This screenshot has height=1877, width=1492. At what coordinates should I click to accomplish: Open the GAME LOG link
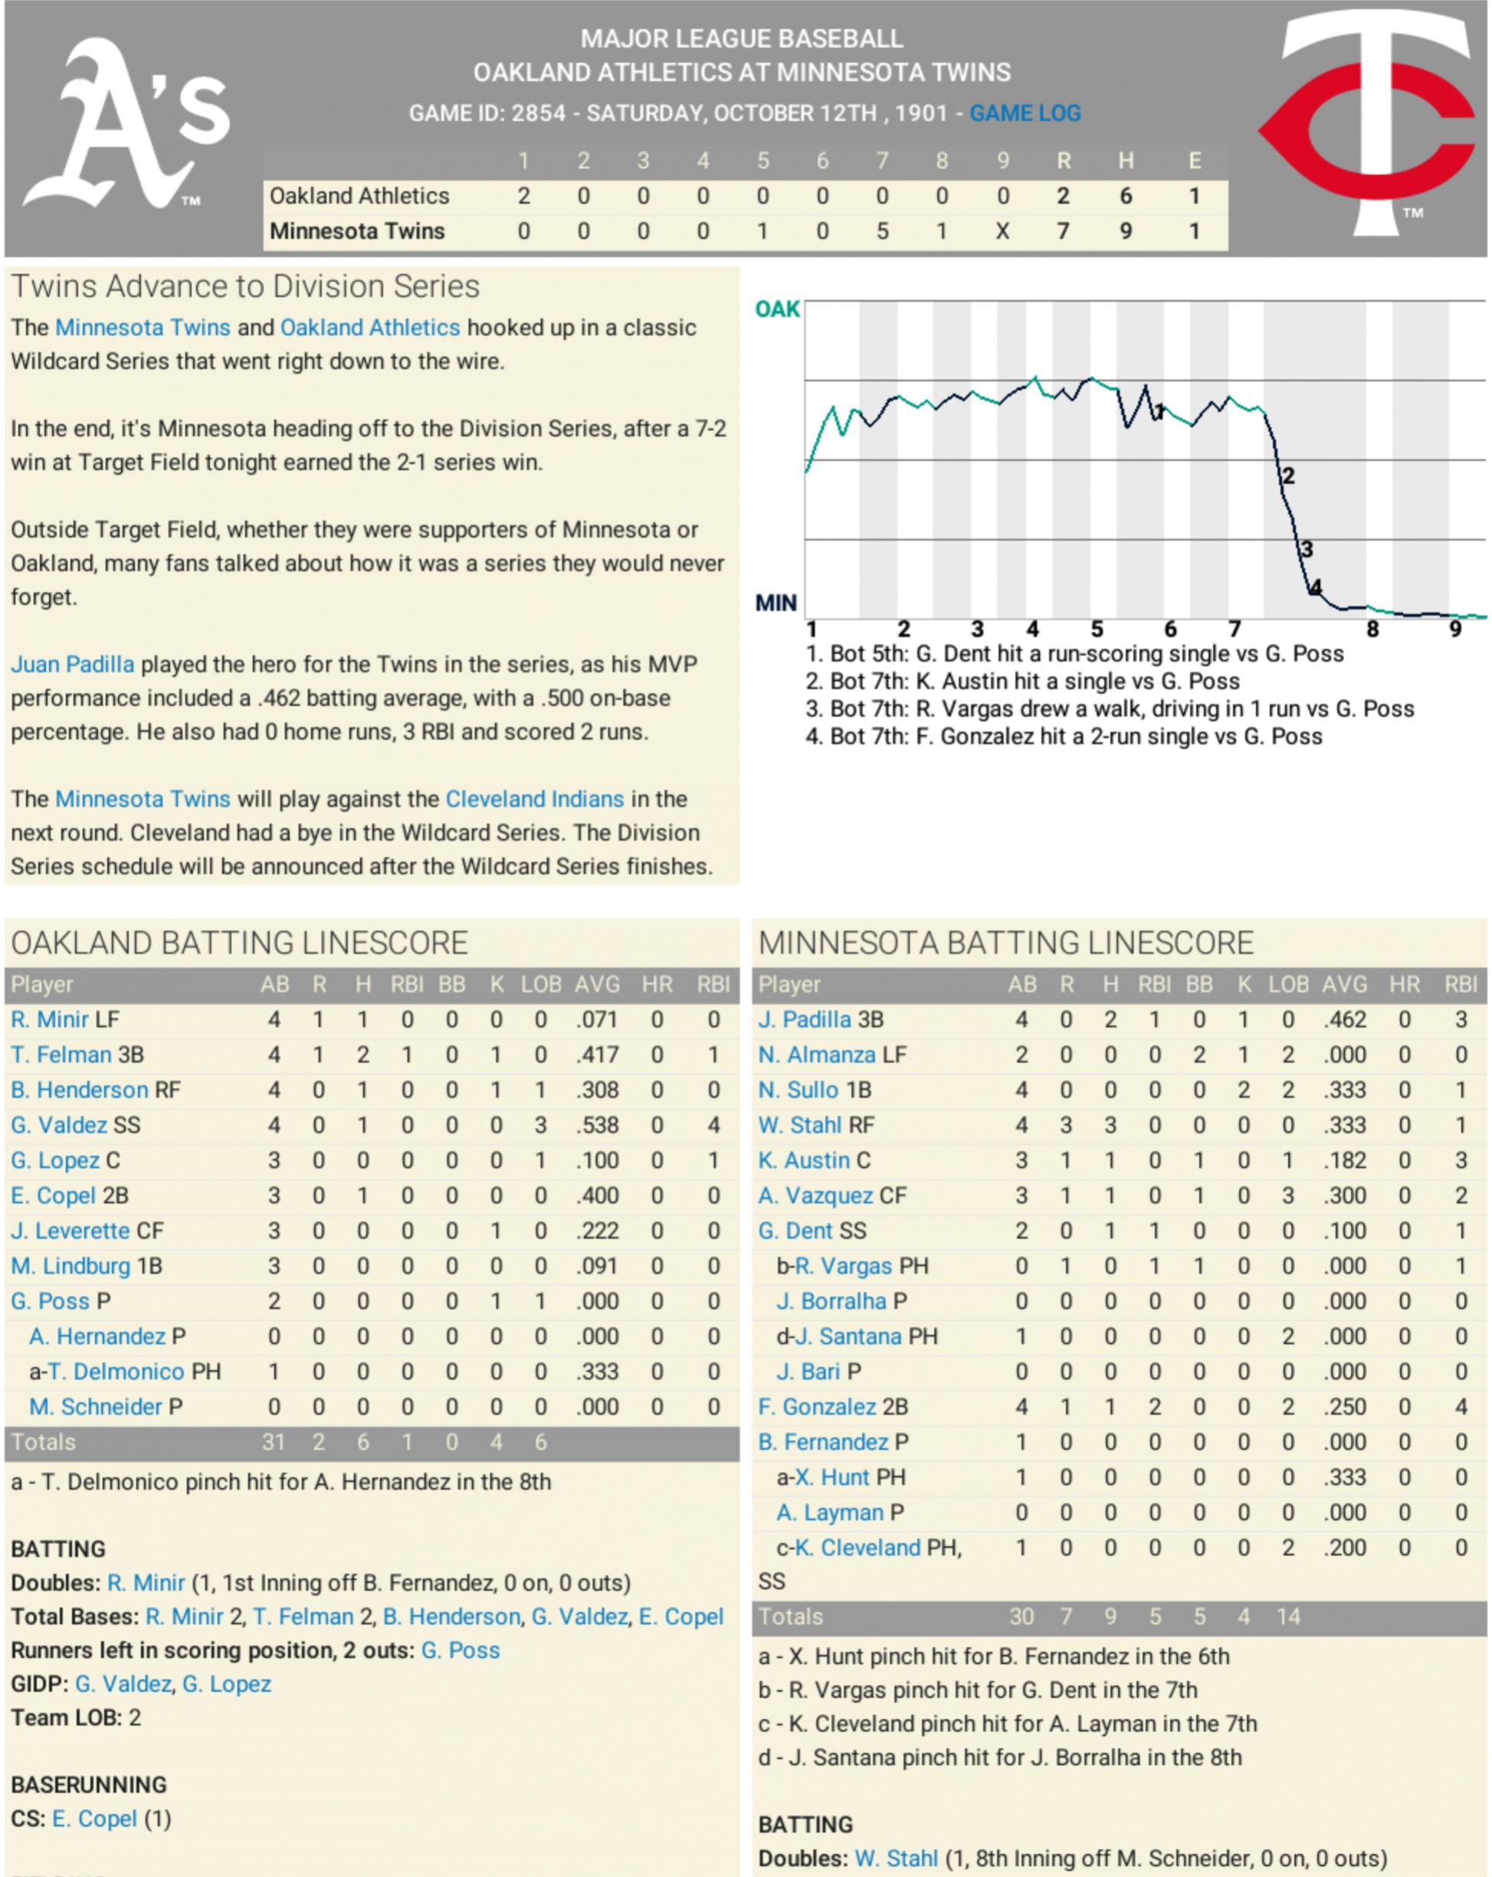pyautogui.click(x=1025, y=113)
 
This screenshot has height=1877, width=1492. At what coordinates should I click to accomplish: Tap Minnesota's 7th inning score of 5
pyautogui.click(x=881, y=231)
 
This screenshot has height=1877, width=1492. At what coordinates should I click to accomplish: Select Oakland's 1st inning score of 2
pyautogui.click(x=523, y=196)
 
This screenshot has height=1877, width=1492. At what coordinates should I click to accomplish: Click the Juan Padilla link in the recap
pyautogui.click(x=72, y=664)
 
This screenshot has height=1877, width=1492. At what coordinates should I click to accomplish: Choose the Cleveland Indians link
pyautogui.click(x=534, y=800)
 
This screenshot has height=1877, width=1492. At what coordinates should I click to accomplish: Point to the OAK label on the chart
pyautogui.click(x=777, y=310)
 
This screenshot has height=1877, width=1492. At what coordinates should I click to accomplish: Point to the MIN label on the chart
pyautogui.click(x=776, y=603)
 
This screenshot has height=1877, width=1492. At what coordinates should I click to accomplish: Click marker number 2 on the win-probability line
pyautogui.click(x=1288, y=476)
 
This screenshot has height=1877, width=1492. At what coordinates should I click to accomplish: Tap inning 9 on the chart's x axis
pyautogui.click(x=1454, y=629)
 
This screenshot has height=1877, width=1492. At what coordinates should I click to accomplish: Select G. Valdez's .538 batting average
pyautogui.click(x=597, y=1126)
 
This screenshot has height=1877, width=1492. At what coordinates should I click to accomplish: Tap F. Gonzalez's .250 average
pyautogui.click(x=1344, y=1407)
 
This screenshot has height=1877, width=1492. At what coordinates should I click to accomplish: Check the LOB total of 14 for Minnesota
pyautogui.click(x=1287, y=1617)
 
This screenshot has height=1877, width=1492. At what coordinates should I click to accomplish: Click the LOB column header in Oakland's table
pyautogui.click(x=540, y=985)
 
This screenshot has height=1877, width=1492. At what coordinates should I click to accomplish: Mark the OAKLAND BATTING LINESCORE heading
pyautogui.click(x=240, y=943)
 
